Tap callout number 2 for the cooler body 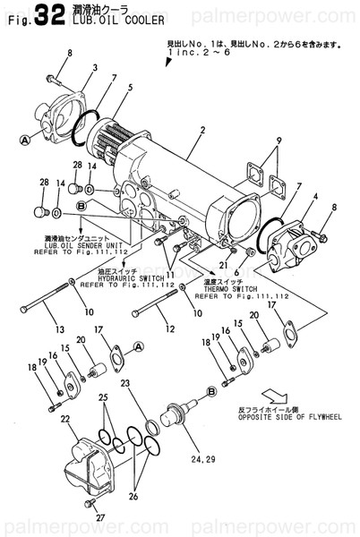203,131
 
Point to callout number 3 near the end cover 95,68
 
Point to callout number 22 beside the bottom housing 65,419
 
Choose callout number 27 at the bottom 100,517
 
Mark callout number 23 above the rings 125,383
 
